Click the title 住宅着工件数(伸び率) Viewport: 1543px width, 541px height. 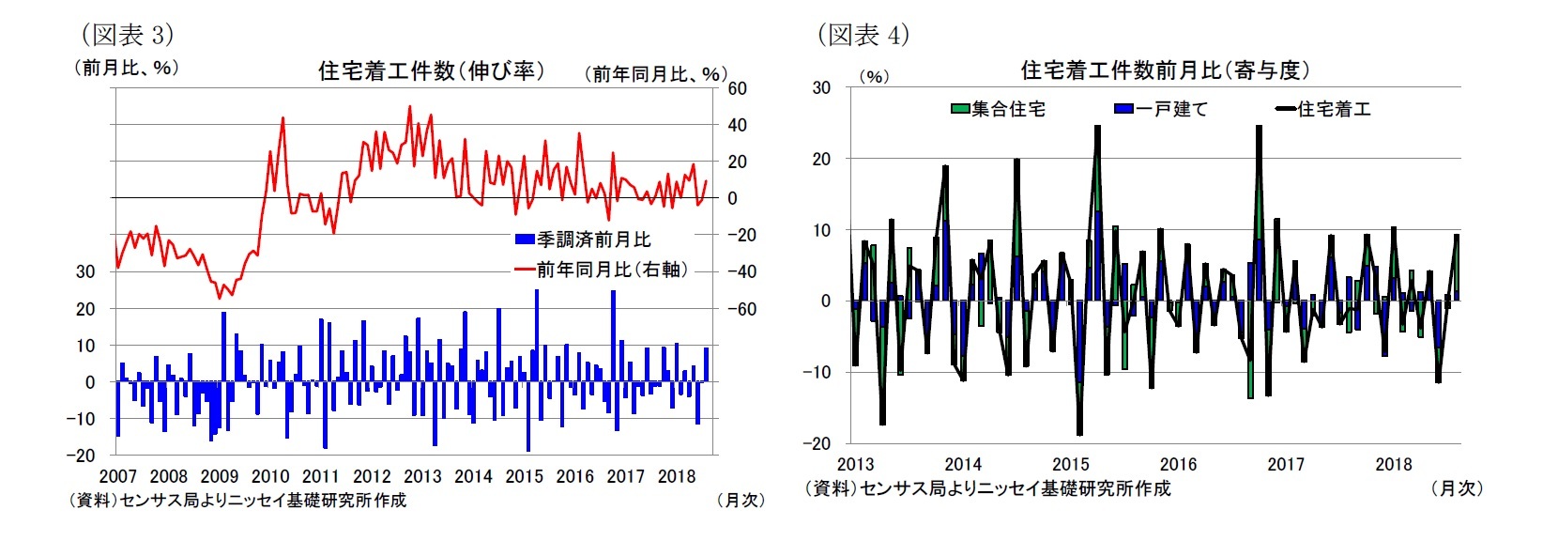click(431, 70)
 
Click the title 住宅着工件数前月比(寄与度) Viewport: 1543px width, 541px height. click(1164, 70)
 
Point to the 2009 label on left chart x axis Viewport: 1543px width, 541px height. click(220, 476)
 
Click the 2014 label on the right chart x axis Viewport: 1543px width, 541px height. click(962, 464)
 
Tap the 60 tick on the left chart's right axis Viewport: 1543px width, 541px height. click(737, 88)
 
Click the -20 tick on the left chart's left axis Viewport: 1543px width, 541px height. click(84, 455)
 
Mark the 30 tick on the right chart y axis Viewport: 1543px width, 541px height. click(821, 87)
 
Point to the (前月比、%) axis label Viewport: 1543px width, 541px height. click(126, 68)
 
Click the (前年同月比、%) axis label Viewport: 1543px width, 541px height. click(655, 73)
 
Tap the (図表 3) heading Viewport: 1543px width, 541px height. click(128, 35)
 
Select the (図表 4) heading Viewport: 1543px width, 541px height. click(863, 35)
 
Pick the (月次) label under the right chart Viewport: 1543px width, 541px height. click(1457, 488)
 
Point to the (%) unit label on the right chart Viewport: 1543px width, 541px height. click(873, 76)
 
